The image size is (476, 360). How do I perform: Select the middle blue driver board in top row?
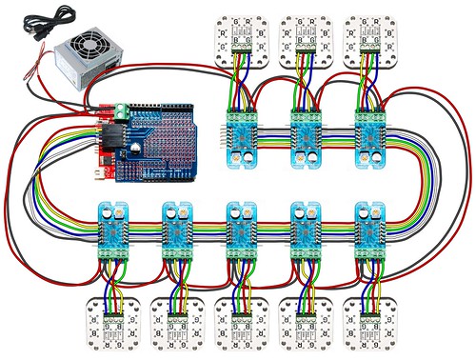(x=307, y=135)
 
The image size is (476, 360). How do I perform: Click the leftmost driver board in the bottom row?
(x=113, y=230)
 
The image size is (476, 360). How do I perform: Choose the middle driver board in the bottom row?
(x=241, y=230)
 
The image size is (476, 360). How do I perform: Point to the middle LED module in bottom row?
(x=241, y=324)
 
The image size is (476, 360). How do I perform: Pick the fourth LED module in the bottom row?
(x=306, y=324)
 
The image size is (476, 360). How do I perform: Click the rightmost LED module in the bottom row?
(x=369, y=324)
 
